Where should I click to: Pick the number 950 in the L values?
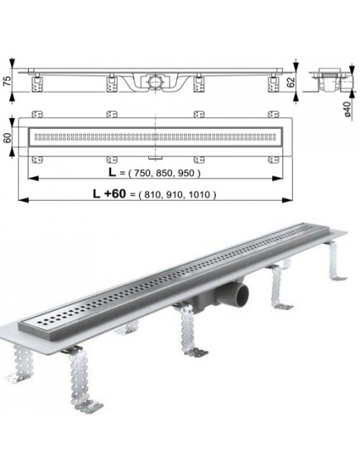click(x=187, y=174)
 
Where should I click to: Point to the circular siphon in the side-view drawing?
click(x=155, y=83)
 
